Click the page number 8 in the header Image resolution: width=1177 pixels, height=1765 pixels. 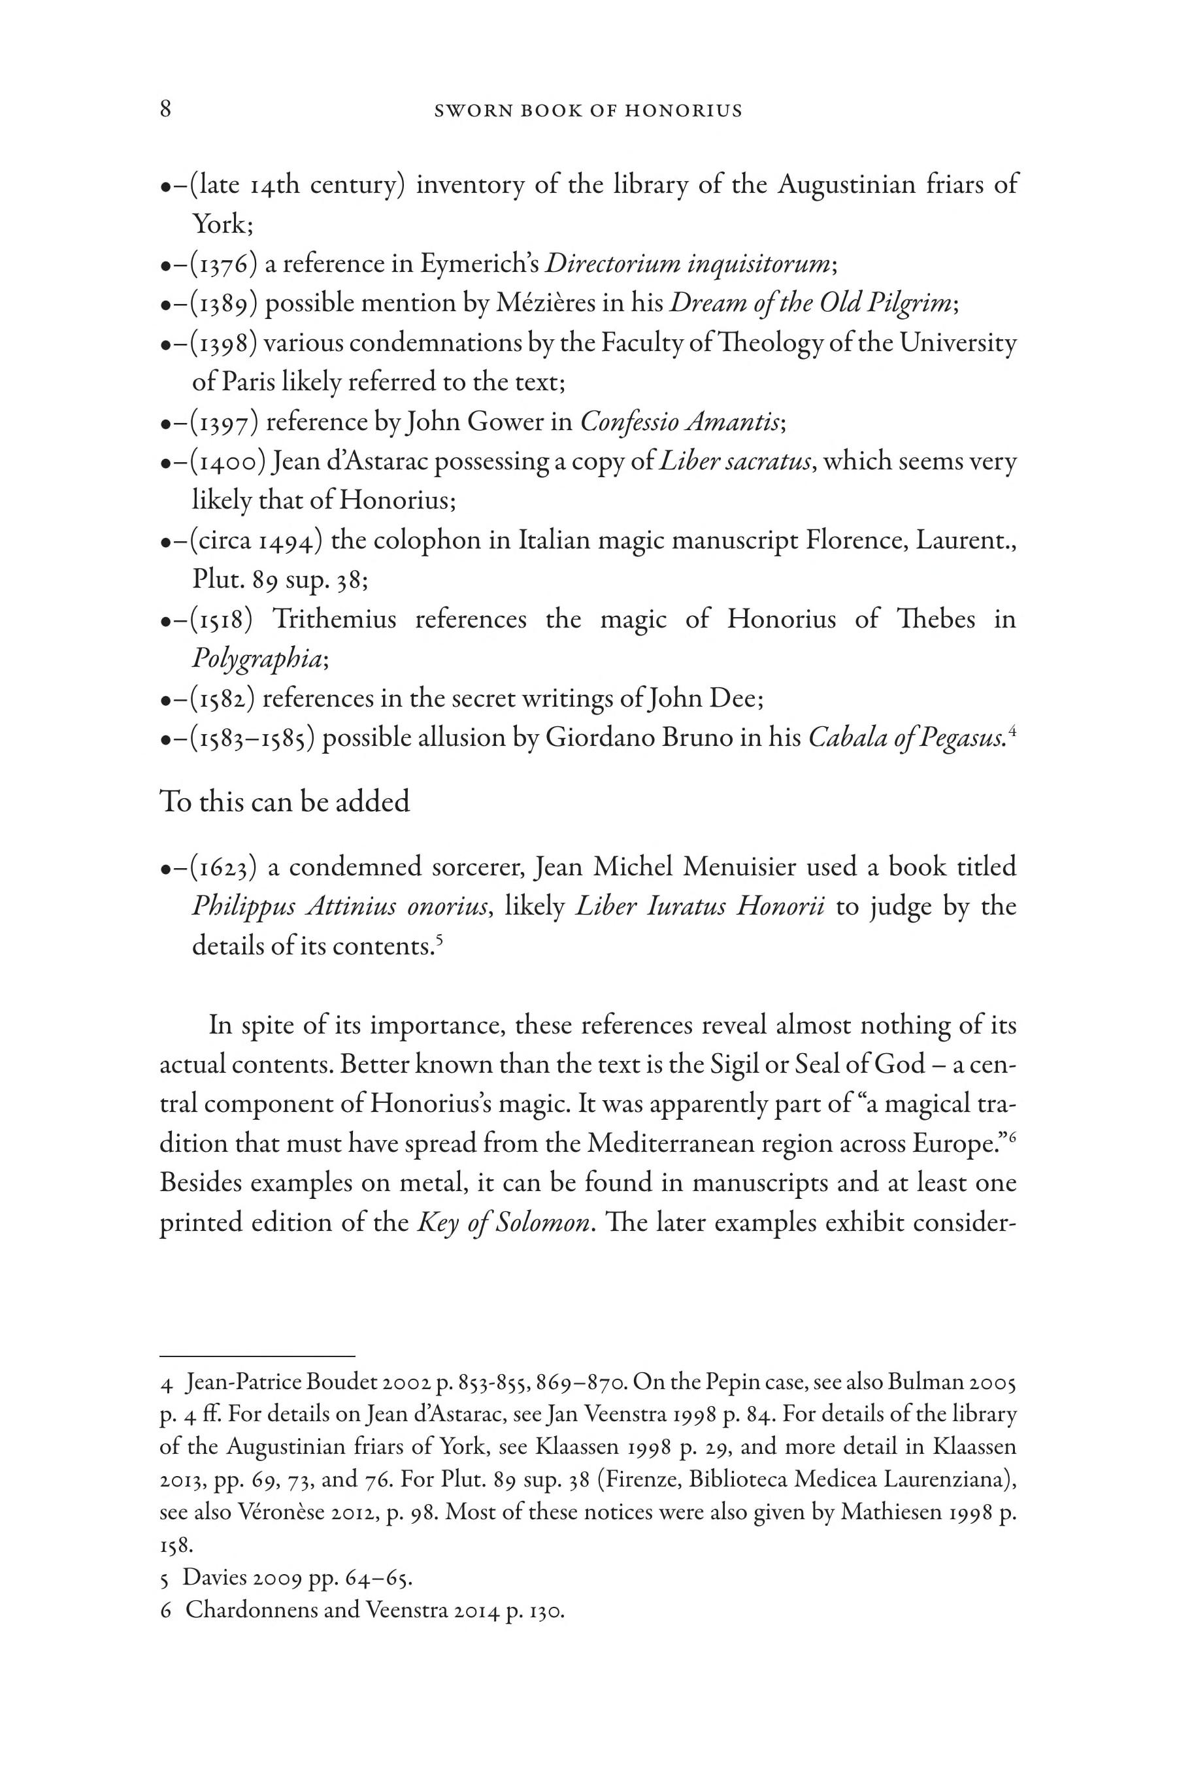pyautogui.click(x=166, y=110)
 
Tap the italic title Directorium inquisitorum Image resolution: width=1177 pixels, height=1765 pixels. pyautogui.click(x=688, y=263)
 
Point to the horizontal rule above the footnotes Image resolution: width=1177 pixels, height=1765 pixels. pyautogui.click(x=257, y=1356)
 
